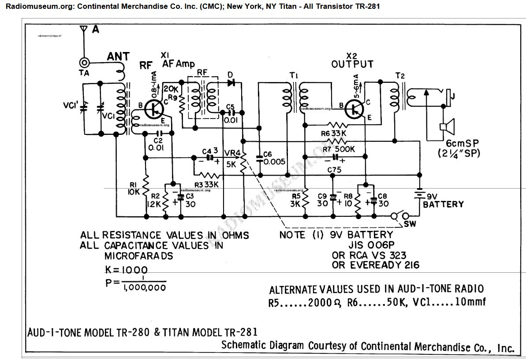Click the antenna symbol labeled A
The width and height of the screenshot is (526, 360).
tap(82, 30)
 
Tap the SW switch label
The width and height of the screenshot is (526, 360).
tap(410, 224)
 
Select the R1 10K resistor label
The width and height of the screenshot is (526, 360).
tap(134, 189)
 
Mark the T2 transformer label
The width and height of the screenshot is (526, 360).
tap(400, 75)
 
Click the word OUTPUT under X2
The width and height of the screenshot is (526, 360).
tap(352, 64)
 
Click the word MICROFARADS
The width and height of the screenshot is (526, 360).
tap(138, 256)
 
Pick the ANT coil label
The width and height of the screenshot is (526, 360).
tap(119, 56)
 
